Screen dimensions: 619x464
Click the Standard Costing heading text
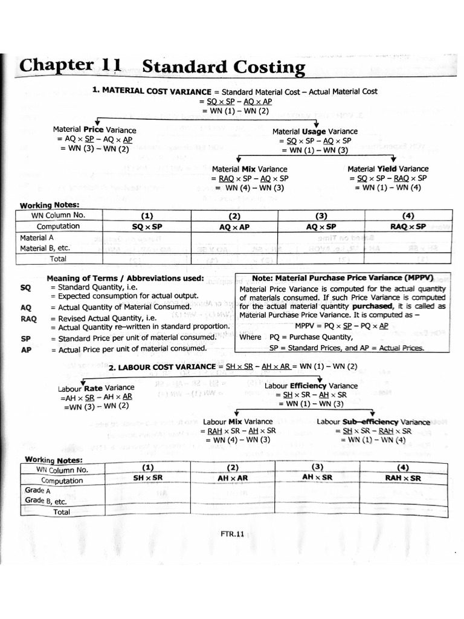coord(224,68)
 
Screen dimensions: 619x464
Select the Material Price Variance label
coord(94,130)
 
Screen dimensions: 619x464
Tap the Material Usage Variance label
coord(314,131)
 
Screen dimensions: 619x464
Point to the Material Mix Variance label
coord(250,169)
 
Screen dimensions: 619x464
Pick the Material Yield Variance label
coord(388,169)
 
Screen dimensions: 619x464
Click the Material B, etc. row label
coord(45,248)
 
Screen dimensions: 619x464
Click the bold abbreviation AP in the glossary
coord(25,349)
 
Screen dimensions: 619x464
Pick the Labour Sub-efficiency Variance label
coord(373,422)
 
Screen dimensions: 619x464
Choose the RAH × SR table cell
coord(403,478)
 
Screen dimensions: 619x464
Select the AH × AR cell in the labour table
coord(233,478)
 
